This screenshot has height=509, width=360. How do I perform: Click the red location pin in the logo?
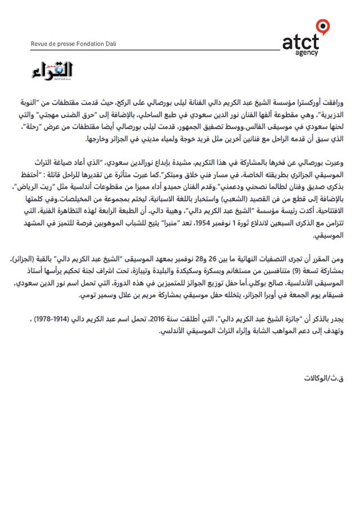click(x=322, y=26)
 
